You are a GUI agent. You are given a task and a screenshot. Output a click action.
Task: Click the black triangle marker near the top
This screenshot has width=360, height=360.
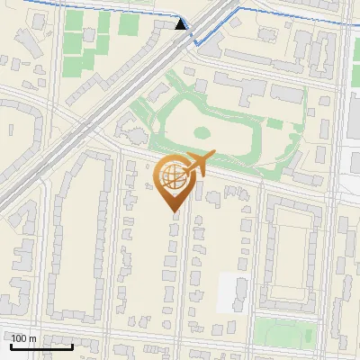coord(182,25)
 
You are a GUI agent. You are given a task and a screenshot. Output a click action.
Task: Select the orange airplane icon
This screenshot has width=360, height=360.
coord(196,165)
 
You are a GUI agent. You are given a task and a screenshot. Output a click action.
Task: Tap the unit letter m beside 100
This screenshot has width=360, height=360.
coord(34,338)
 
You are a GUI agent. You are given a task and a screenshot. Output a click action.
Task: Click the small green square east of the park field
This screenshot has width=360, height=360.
coord(274,122)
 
